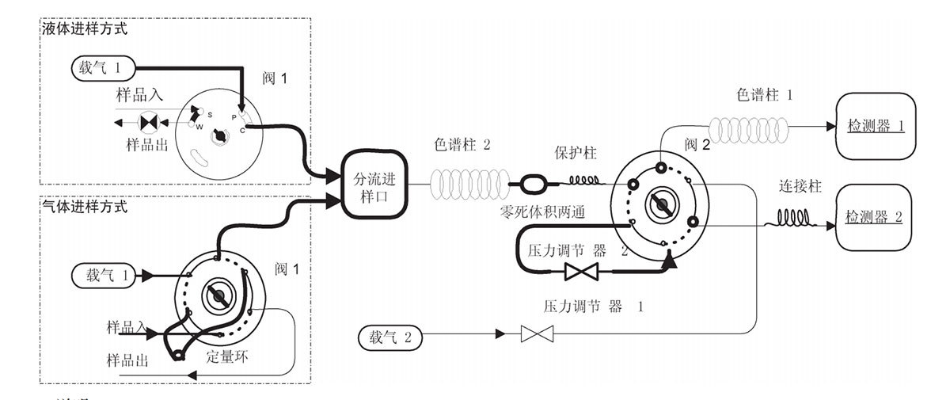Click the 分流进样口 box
click(x=374, y=183)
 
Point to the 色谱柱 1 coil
click(x=749, y=127)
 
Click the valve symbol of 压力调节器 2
click(x=581, y=272)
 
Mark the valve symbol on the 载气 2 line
click(x=536, y=335)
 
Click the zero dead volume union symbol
click(x=530, y=184)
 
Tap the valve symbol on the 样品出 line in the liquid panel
click(x=149, y=123)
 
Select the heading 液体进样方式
click(x=84, y=29)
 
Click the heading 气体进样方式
click(x=84, y=207)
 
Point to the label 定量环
click(x=227, y=356)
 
